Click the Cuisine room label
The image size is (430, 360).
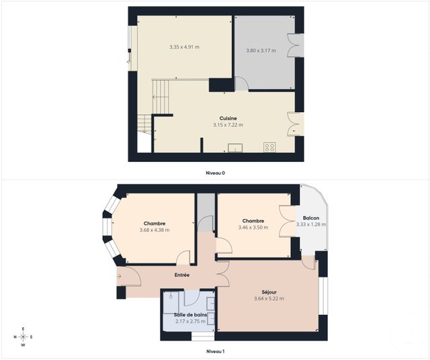click(x=228, y=118)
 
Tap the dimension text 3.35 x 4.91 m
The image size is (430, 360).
click(x=185, y=47)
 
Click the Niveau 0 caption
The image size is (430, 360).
click(x=215, y=173)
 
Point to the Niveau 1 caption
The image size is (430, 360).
click(x=215, y=351)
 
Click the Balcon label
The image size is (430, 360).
click(x=311, y=218)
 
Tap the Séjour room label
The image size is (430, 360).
click(x=269, y=292)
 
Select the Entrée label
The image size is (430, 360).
click(x=181, y=275)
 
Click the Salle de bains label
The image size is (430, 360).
click(x=190, y=315)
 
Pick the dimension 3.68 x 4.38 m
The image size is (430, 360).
click(x=155, y=230)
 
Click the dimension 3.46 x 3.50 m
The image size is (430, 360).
click(x=253, y=228)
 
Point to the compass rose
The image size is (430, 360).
click(x=23, y=336)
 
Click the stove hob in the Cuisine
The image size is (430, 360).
click(x=269, y=147)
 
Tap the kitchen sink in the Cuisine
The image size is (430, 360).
click(x=235, y=148)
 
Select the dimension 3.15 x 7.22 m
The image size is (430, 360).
click(x=228, y=125)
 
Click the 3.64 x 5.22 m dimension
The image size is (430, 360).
click(x=269, y=299)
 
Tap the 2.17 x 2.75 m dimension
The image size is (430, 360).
click(x=190, y=322)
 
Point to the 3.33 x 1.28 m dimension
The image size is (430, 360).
click(x=311, y=225)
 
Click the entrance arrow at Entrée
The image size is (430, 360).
click(x=120, y=275)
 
